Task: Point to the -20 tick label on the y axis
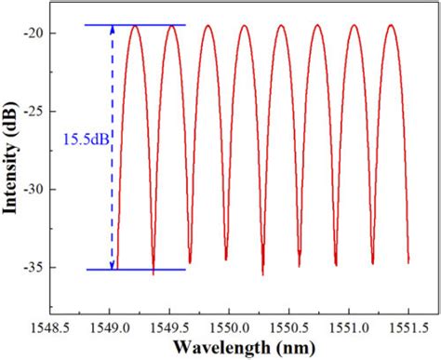point(37,33)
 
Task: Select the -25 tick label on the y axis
point(37,112)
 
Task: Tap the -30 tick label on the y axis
point(37,190)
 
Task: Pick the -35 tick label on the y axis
point(37,268)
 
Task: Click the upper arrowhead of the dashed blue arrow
point(113,30)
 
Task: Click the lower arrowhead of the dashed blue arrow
point(113,265)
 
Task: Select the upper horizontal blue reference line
point(149,25)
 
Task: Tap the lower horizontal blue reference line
point(149,270)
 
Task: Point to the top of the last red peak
point(391,26)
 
